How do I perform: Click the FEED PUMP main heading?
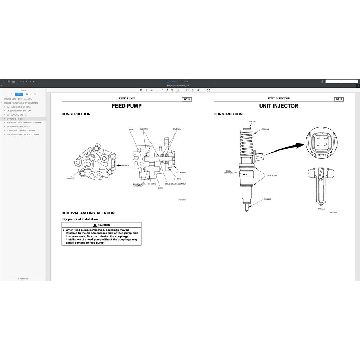coord(127,106)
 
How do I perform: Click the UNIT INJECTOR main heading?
coord(279,106)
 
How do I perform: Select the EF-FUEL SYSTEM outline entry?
coord(15,119)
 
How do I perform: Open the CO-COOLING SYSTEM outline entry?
coord(17,115)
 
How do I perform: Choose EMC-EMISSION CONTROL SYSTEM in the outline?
coord(23,134)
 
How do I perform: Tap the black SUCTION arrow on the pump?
coord(118,165)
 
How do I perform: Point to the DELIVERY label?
coord(71,178)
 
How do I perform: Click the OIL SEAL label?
coord(177,129)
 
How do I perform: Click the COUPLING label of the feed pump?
coord(181,172)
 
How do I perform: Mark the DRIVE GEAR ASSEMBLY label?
coord(175,184)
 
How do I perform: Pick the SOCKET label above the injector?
coord(252,122)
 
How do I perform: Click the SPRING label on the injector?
coord(265,129)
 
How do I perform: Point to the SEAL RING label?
coord(272,175)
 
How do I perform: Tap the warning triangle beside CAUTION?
coord(95,225)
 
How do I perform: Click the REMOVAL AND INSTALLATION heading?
coord(88,213)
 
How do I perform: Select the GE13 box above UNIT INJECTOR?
coord(339,99)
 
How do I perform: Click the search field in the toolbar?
coord(341,81)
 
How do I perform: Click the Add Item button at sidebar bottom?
coord(23,279)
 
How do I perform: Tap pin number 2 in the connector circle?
coord(327,138)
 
